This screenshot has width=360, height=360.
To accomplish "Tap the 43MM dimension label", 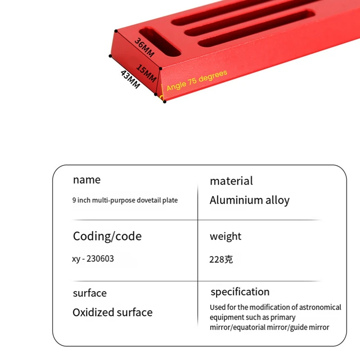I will [130, 79].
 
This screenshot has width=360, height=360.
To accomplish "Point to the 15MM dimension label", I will [147, 73].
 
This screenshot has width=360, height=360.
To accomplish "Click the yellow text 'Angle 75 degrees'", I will [197, 80].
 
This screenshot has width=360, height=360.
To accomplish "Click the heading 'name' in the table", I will [87, 180].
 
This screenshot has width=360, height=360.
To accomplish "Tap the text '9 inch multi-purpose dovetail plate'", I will [125, 200].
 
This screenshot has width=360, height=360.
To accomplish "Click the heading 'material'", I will [231, 181].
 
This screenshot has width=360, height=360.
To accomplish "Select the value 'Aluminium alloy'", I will [249, 200].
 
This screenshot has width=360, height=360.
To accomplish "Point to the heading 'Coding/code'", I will [107, 236].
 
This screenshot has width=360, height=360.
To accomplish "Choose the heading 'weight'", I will [225, 236].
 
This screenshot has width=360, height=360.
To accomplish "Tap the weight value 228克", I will [221, 260].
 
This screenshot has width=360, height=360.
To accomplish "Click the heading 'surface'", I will [90, 293].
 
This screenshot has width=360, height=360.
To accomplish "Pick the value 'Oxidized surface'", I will [112, 312].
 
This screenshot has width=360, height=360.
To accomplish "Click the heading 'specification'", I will [240, 292].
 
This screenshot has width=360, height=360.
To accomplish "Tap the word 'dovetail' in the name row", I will [151, 200].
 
